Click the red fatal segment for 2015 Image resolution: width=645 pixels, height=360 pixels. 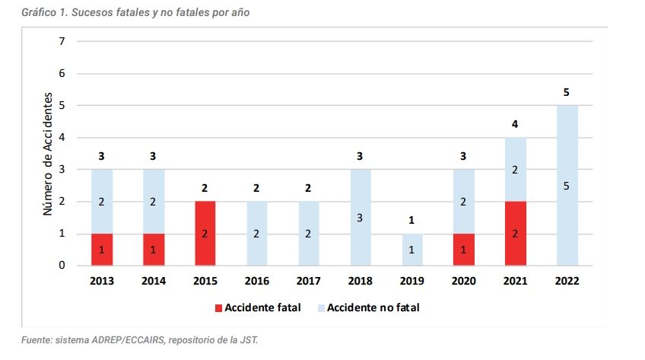205,233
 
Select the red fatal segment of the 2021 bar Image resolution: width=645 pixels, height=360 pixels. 515,233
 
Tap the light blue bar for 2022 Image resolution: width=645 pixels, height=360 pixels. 567,185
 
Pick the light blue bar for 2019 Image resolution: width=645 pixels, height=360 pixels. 411,250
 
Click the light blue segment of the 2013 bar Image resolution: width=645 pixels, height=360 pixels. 102,201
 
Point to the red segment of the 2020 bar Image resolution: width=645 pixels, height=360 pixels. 463,250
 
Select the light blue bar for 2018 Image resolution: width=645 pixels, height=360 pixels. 360,218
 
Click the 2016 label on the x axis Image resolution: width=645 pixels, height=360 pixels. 257,280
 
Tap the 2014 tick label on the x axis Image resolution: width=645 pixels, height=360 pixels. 154,280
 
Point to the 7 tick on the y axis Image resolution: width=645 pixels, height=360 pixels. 62,41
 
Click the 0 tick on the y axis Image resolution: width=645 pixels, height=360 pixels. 62,266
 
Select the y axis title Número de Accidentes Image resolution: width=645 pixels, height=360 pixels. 47,154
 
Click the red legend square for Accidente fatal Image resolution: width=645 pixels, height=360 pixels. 218,308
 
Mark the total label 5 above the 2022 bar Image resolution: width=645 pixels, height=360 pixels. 567,93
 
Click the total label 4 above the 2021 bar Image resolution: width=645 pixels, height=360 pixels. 515,125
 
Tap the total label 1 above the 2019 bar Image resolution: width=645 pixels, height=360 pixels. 411,221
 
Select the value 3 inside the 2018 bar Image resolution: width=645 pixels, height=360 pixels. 360,218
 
